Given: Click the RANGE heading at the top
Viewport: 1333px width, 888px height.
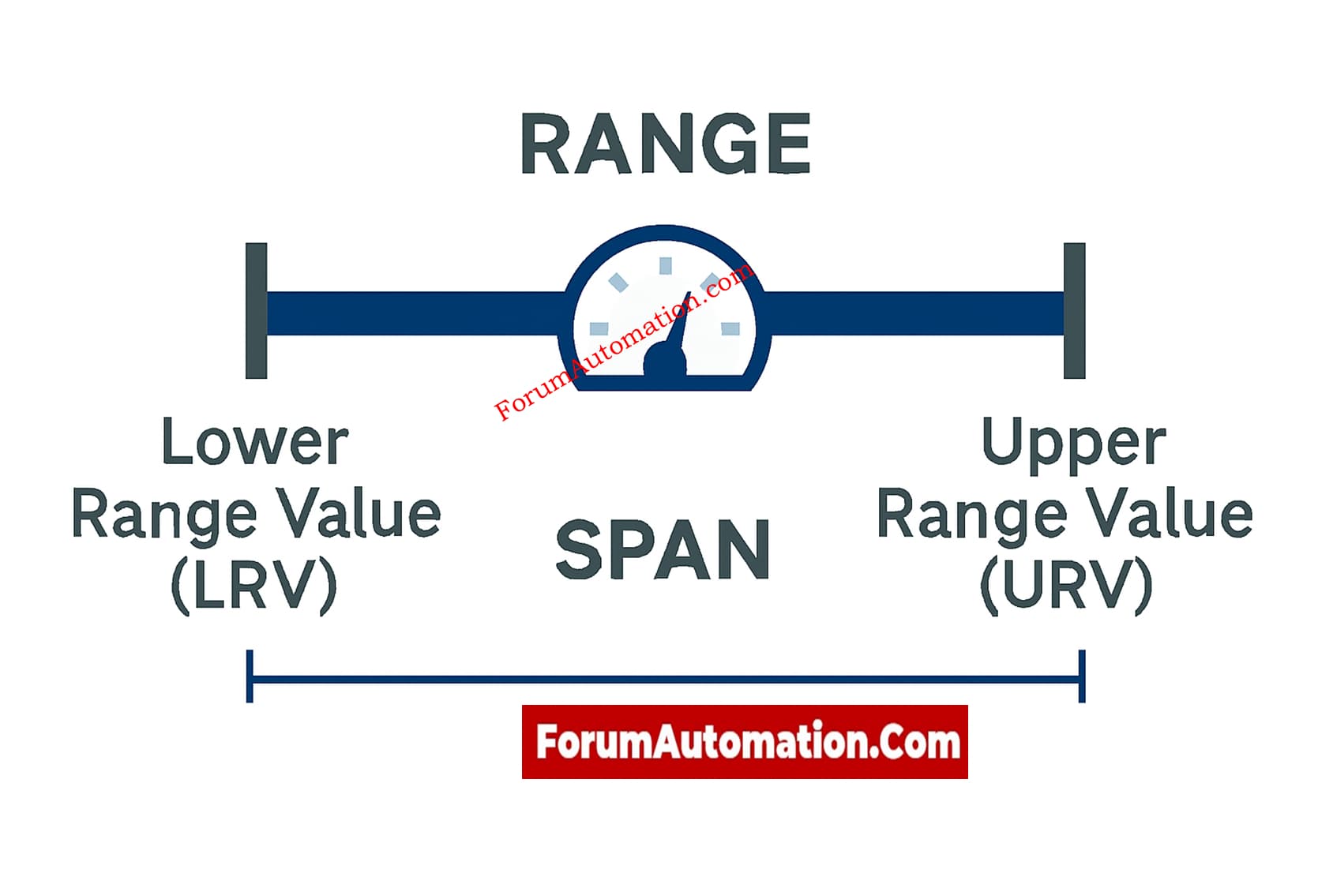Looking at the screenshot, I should (666, 144).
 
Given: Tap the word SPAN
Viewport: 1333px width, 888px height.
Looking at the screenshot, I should (663, 550).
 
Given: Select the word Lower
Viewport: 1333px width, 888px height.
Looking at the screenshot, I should (254, 442).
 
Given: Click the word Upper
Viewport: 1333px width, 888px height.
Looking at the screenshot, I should (1073, 444).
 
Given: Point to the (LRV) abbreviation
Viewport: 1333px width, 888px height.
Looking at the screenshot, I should (254, 586).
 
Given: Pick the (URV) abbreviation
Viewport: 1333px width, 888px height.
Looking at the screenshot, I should (1066, 586).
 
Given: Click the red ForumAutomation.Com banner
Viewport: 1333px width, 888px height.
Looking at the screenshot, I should (745, 742).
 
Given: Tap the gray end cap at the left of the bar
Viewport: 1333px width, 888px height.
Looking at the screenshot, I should (257, 311).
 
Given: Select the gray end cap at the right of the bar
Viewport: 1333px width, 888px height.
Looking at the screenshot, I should (1074, 311).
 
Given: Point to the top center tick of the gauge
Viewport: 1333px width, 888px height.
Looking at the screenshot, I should (666, 266).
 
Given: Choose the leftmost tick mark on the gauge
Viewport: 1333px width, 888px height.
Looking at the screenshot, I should (599, 328).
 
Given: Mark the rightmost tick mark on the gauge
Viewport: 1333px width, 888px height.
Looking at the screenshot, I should (730, 328).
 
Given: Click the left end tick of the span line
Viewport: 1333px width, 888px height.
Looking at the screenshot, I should (250, 676).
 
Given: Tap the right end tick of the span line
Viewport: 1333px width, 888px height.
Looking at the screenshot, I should (1082, 676).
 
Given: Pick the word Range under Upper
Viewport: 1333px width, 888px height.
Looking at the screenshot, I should (971, 515).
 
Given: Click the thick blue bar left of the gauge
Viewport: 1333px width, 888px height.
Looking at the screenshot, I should (415, 313).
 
